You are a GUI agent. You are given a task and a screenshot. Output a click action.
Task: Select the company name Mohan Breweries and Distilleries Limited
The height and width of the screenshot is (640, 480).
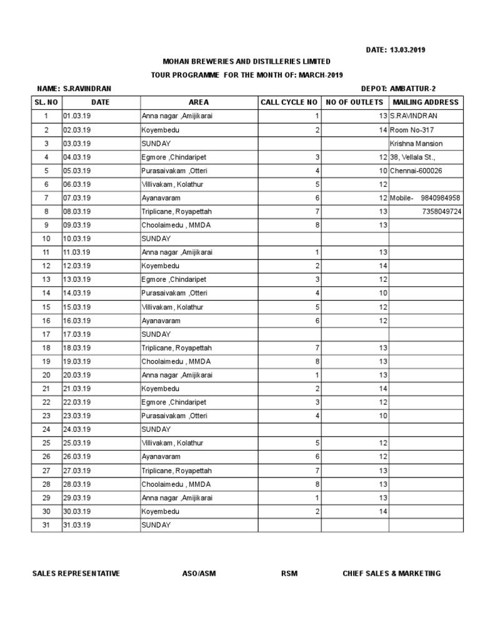246,62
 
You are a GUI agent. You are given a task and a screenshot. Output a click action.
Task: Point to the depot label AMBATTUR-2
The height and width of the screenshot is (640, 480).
412,89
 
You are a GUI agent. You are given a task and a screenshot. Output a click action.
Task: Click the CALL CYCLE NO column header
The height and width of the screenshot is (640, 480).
289,102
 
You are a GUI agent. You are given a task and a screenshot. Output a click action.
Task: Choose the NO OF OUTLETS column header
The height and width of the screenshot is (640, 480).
354,102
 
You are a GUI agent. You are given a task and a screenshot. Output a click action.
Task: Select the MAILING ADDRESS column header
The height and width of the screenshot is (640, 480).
426,102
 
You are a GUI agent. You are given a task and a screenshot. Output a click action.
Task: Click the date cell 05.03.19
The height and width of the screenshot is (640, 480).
77,171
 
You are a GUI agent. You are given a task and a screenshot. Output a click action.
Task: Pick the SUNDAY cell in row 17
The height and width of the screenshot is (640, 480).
156,334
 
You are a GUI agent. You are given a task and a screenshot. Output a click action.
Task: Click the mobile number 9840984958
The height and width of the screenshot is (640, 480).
441,198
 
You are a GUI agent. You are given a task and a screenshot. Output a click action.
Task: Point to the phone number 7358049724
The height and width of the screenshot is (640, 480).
441,212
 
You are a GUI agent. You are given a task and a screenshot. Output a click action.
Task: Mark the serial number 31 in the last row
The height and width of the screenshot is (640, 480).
46,524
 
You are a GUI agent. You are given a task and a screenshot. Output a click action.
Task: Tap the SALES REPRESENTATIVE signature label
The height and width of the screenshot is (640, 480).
76,574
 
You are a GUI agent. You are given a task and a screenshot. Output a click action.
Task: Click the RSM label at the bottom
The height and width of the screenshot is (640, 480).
289,574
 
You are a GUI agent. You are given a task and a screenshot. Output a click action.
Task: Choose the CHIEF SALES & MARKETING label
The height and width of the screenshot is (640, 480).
391,574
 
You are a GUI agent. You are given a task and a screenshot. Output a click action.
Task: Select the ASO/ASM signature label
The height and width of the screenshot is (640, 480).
198,574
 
